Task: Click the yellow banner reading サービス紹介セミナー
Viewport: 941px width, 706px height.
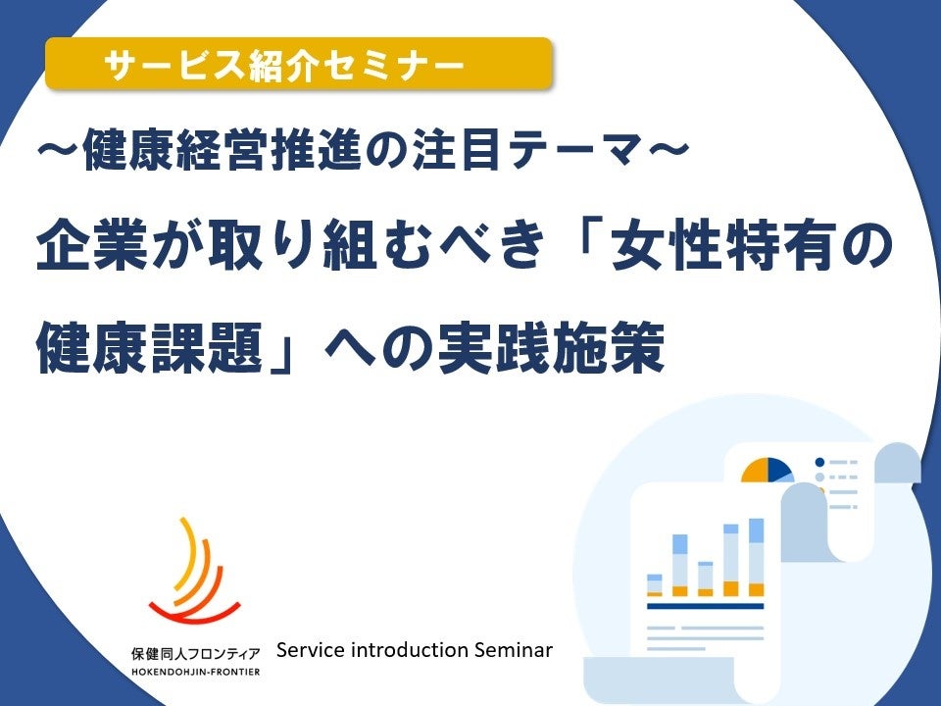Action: [298, 65]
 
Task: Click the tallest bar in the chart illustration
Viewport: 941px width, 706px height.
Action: [756, 557]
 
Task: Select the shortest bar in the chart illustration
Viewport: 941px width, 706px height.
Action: [655, 584]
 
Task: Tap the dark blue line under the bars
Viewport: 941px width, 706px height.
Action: [705, 606]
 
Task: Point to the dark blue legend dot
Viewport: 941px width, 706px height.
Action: [819, 461]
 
